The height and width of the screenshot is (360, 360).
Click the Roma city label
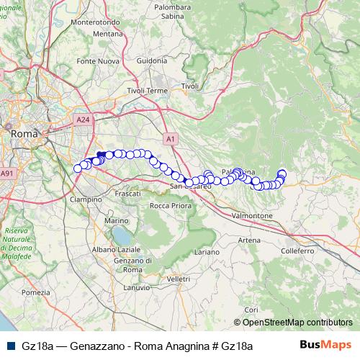[x=24, y=133]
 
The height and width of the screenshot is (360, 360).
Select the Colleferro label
[x=298, y=251]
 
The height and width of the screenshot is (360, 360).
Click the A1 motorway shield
[x=170, y=138]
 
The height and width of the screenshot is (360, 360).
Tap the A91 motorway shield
[x=7, y=173]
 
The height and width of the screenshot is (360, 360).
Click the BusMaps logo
[x=325, y=345]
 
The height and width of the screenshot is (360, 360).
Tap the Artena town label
[x=249, y=240]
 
